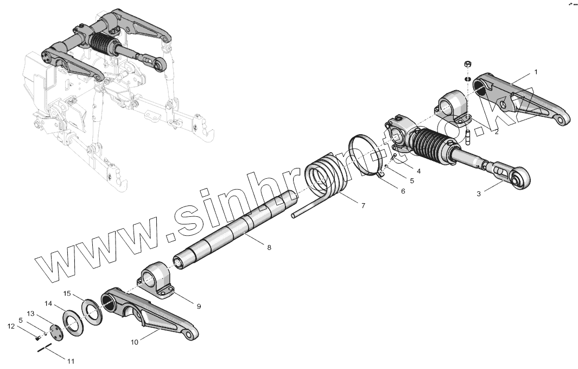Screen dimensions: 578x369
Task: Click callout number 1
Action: (x=536, y=72)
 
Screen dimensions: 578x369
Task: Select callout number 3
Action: (x=479, y=193)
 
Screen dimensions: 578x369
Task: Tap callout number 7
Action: (x=363, y=206)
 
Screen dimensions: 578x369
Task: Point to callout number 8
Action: (x=269, y=247)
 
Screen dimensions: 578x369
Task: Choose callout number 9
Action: (x=199, y=307)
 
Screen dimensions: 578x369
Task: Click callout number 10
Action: (x=135, y=342)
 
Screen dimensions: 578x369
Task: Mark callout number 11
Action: (x=71, y=360)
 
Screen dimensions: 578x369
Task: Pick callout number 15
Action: (x=67, y=293)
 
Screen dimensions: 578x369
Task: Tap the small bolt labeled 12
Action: (x=38, y=337)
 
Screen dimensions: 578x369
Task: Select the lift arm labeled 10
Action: (x=152, y=315)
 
